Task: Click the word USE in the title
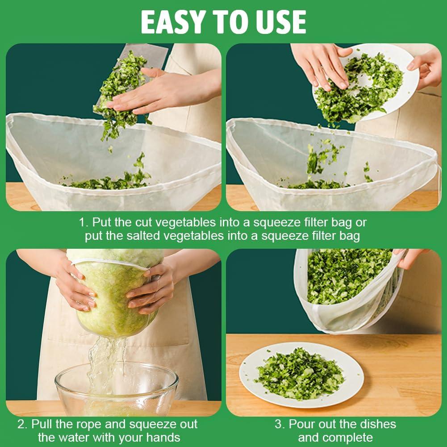[280, 21]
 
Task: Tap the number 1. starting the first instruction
[84, 222]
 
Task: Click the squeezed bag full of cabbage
[114, 290]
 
